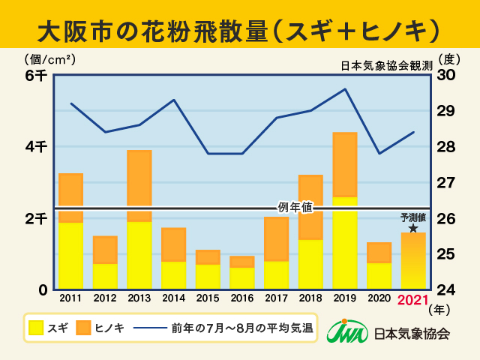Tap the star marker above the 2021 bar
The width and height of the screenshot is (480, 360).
[413, 227]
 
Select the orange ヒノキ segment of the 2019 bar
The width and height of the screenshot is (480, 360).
[344, 165]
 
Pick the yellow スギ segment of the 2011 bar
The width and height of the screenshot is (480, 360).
[70, 255]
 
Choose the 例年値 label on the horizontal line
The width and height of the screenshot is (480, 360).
[295, 207]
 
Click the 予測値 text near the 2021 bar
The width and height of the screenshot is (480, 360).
[413, 217]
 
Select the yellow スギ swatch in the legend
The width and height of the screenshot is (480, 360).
[37, 328]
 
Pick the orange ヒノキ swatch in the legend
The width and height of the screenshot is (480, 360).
[82, 328]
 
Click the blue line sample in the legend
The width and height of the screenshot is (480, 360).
[150, 328]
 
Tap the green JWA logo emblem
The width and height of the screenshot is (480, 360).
[346, 332]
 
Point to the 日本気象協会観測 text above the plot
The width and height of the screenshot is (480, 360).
[385, 66]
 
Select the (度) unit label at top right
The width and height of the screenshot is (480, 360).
[448, 58]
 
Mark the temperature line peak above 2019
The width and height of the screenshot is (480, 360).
[344, 89]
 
